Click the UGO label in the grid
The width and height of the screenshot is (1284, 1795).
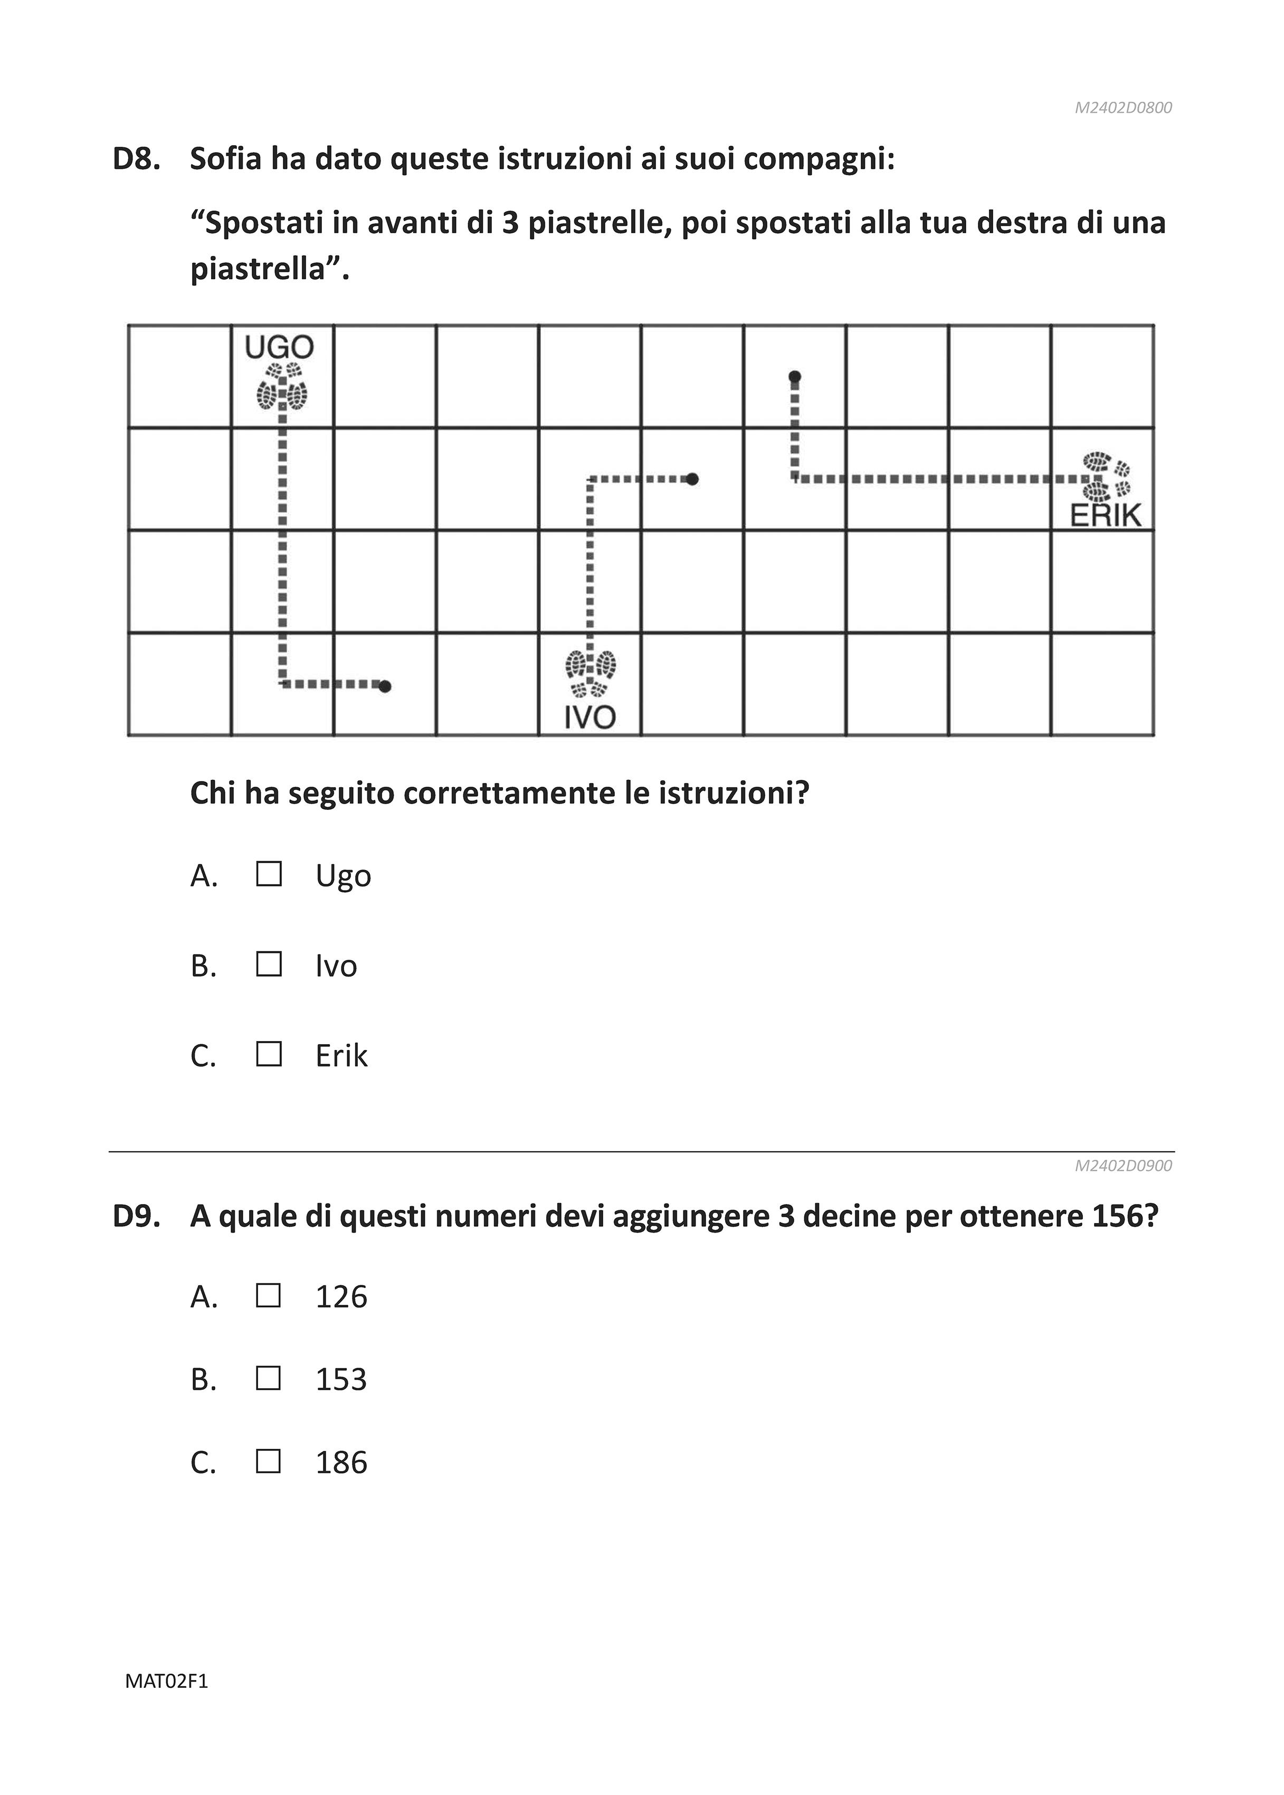tap(279, 347)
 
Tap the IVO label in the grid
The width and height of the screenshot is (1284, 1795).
tap(590, 718)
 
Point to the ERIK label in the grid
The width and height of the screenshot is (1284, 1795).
tap(1105, 516)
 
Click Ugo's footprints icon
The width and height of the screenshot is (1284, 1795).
tap(281, 387)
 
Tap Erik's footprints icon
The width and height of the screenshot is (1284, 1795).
tap(1107, 476)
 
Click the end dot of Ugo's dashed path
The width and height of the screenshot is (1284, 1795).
tap(385, 686)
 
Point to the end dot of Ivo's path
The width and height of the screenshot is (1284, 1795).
tap(692, 479)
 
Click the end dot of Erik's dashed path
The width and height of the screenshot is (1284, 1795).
tap(795, 376)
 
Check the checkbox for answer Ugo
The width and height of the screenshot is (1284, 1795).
tap(269, 874)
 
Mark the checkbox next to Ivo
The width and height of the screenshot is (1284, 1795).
tap(269, 965)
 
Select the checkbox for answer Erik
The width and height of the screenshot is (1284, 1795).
tap(269, 1054)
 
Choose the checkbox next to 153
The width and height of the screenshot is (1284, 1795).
tap(269, 1379)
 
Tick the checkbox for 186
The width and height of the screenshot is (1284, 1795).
tap(269, 1462)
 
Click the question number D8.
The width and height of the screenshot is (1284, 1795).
tap(137, 159)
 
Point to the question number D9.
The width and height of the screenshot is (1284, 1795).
tap(137, 1216)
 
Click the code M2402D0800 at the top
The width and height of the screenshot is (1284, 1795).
tap(1123, 108)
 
